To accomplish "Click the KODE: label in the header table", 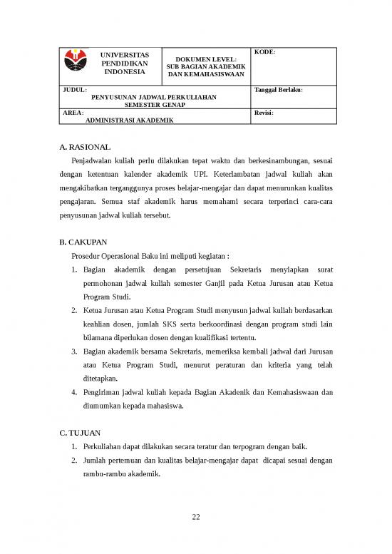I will coord(265,53).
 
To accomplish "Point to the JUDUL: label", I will coord(73,91).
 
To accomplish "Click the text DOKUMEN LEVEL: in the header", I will coord(205,59).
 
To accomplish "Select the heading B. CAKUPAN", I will coord(87,242).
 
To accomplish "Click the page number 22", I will coord(196,516).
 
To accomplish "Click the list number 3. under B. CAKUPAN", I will coord(75,351).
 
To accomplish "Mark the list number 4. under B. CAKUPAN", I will coord(75,391).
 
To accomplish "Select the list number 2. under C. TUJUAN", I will coord(75,460).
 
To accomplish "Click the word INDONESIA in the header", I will coord(125,71).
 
